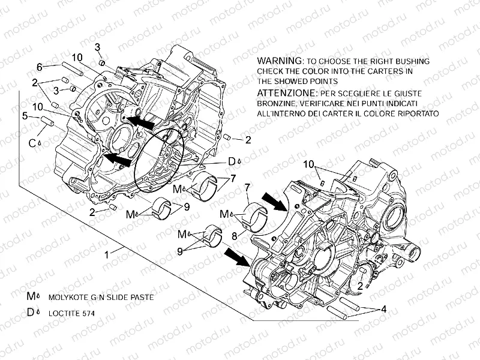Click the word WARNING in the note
tap(278, 61)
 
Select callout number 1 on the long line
tap(106, 254)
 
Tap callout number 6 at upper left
tap(39, 67)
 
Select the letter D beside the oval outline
tap(230, 161)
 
